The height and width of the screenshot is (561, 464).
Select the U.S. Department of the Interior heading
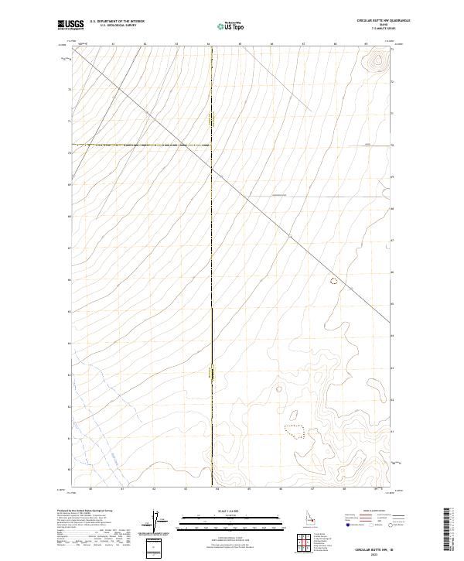point(117,22)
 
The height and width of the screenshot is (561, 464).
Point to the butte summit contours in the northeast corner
point(378,60)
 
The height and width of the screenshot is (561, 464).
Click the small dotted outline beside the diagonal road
point(334,281)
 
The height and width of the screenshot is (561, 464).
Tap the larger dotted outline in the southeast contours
point(294,428)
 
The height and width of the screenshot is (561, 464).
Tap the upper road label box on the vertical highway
point(211,121)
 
